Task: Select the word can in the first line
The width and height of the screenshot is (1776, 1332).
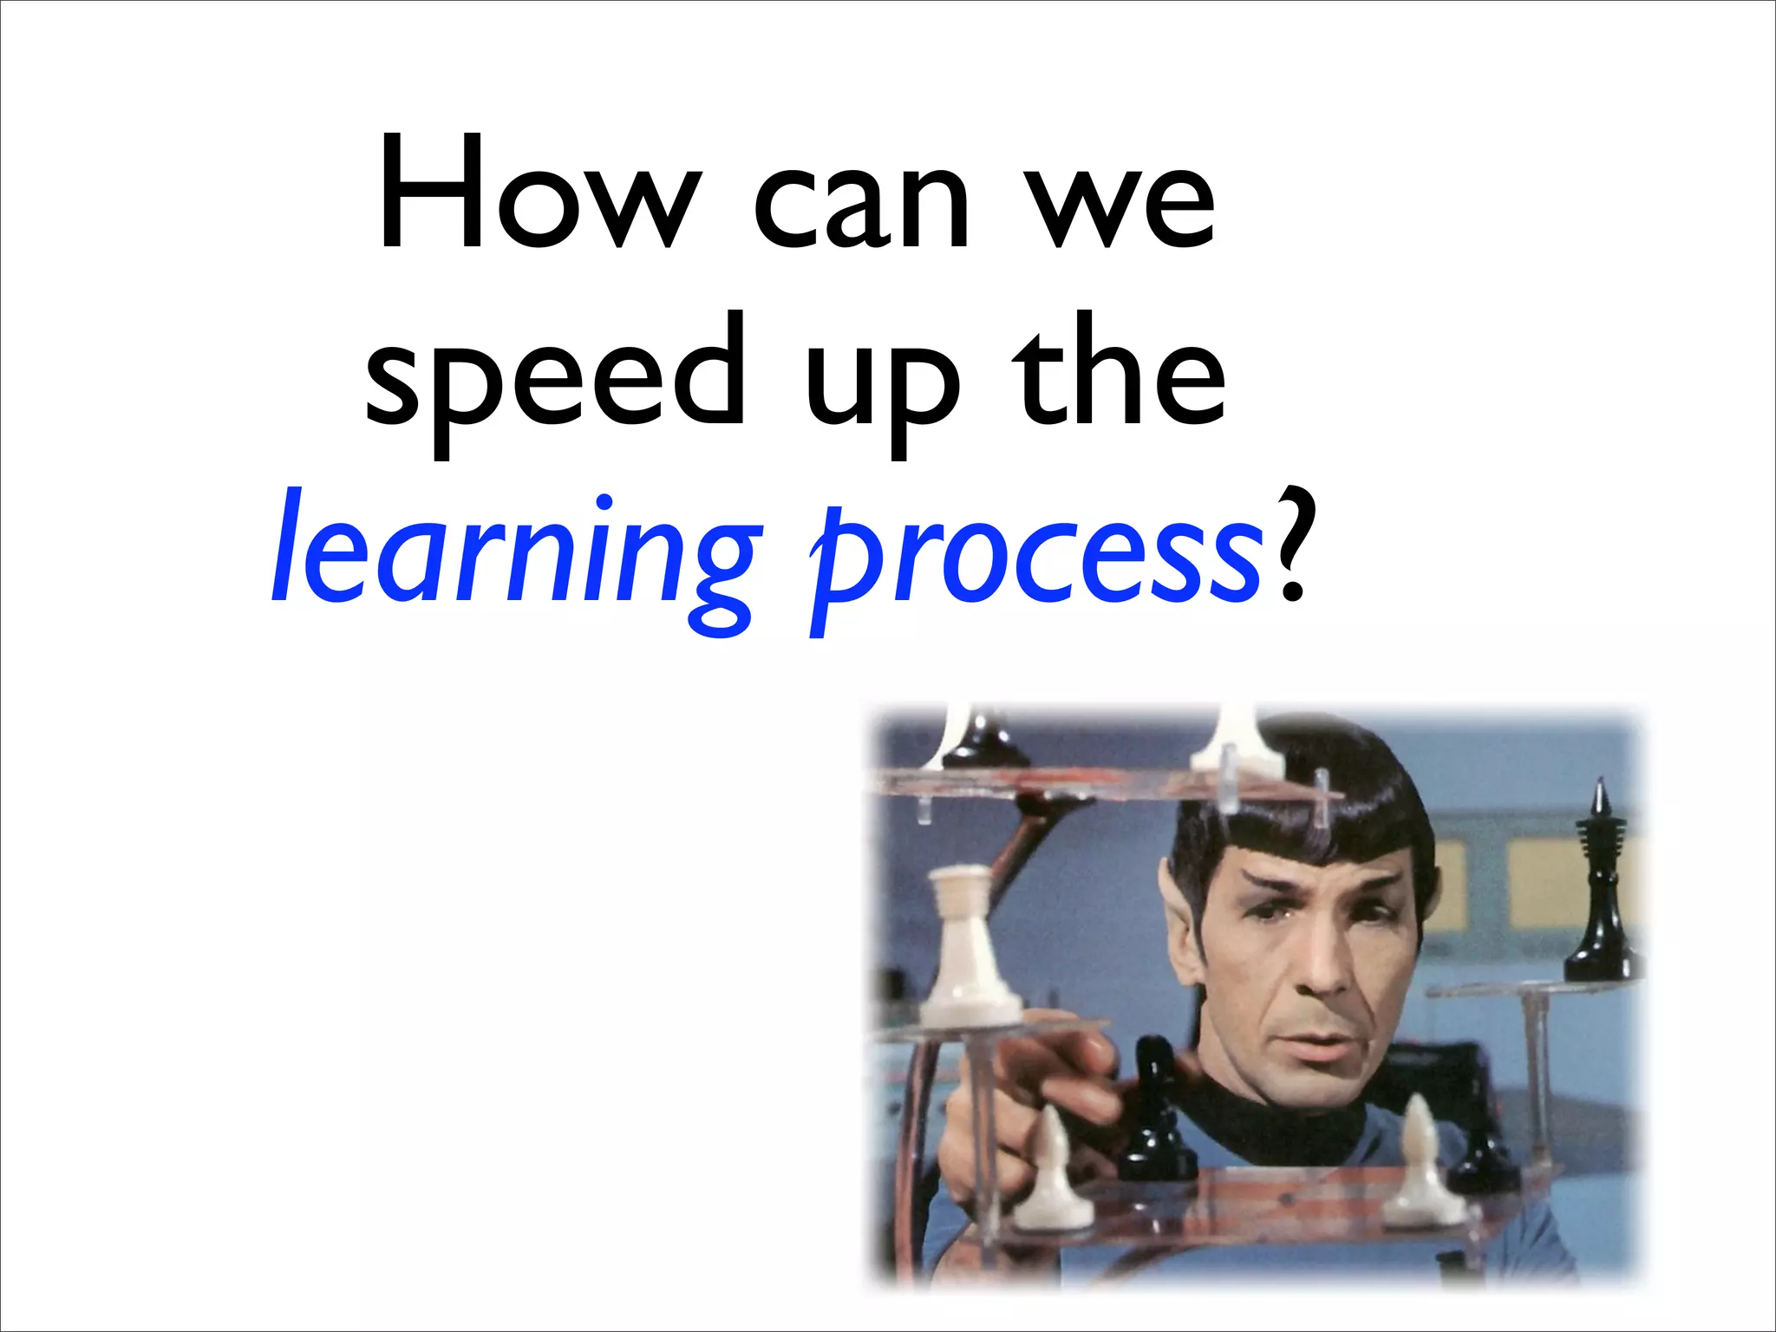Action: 860,205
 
